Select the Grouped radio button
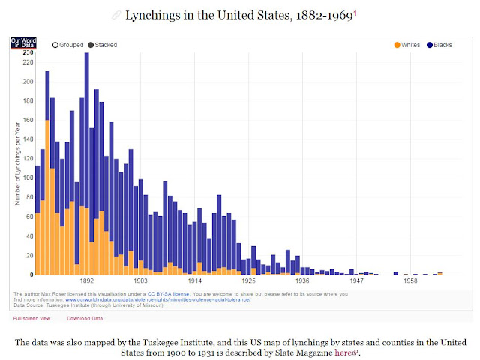(x=55, y=45)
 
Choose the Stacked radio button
(x=91, y=45)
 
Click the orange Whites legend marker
(x=397, y=45)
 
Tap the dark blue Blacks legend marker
(x=430, y=45)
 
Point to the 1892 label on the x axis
(x=87, y=280)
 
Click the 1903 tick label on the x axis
(x=140, y=280)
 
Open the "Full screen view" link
(x=31, y=318)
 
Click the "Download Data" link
(x=84, y=318)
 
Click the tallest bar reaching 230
(x=87, y=150)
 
